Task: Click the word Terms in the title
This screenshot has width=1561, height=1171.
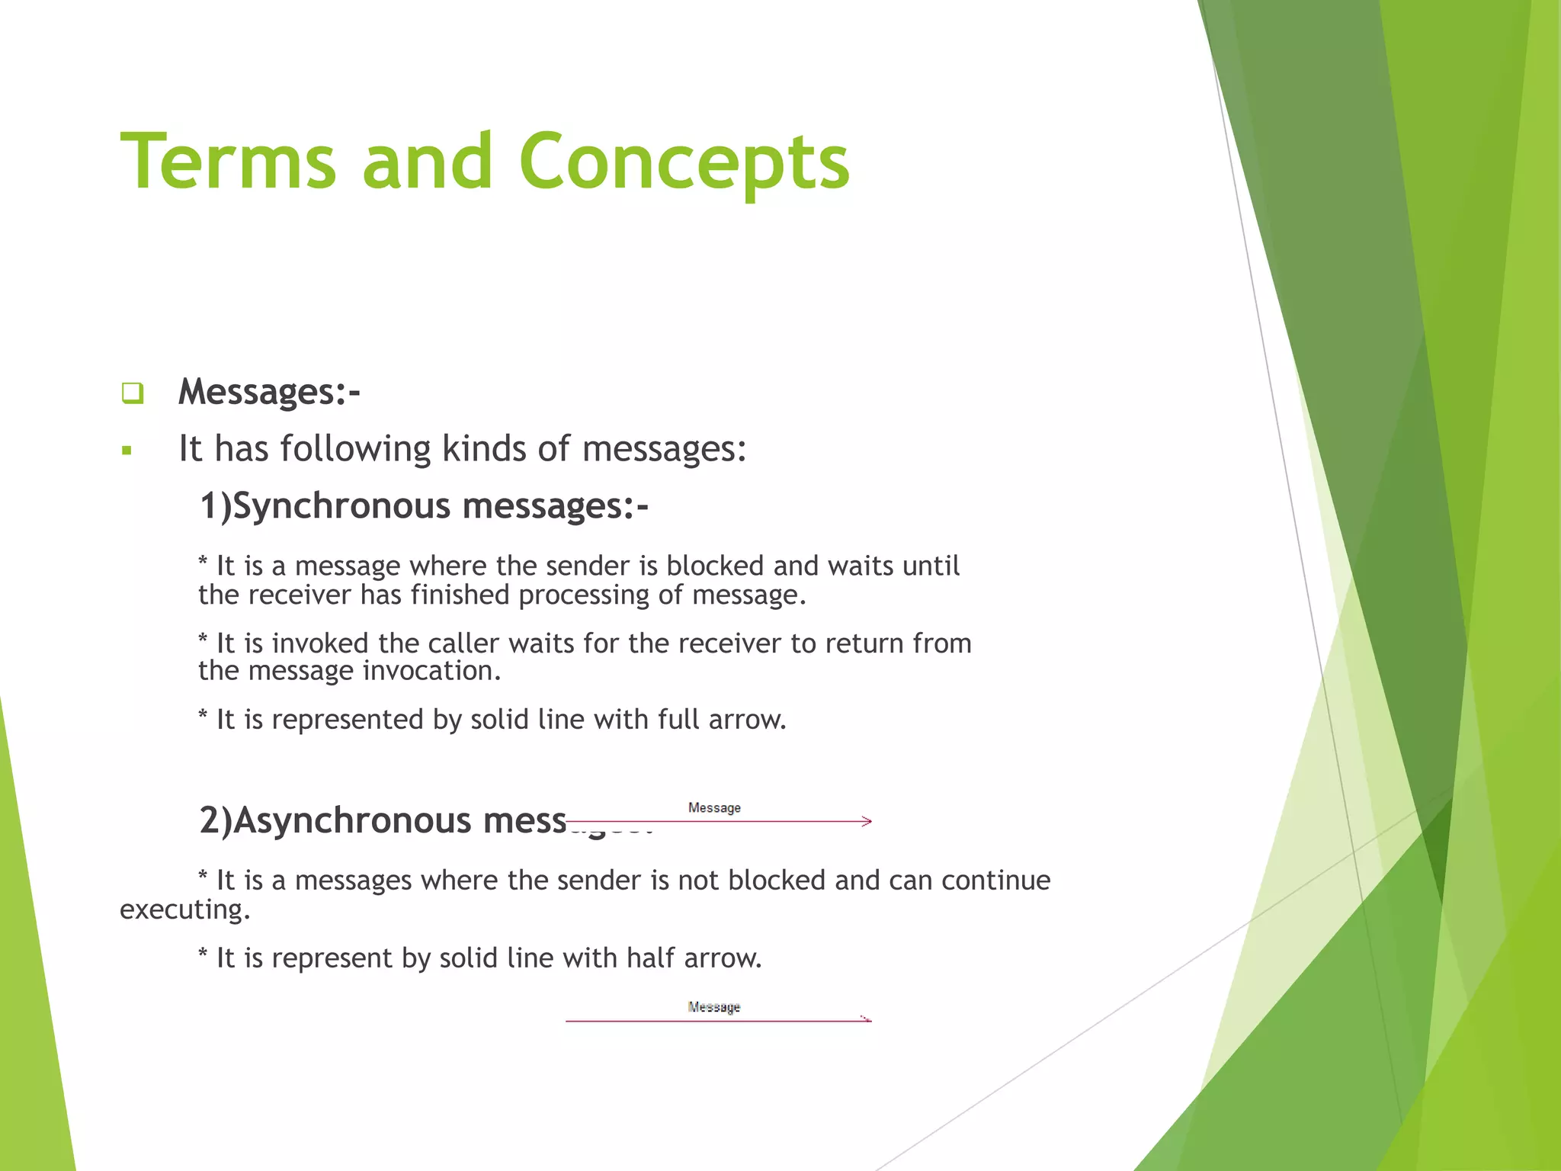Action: pos(228,162)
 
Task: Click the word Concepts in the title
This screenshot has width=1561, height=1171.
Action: pos(684,162)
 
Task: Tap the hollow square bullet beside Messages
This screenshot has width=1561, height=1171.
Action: pos(132,393)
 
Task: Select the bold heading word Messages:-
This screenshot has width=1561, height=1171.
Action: pos(268,392)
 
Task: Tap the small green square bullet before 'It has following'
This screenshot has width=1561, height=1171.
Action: pos(127,451)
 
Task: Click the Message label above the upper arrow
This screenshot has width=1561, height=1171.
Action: pos(714,808)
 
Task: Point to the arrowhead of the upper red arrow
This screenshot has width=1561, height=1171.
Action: pos(867,821)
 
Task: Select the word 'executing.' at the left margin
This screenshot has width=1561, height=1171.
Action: pos(184,910)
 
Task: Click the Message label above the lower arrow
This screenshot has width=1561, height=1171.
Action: pos(714,1007)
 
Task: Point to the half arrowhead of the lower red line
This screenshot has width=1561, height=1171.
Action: pos(866,1019)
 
